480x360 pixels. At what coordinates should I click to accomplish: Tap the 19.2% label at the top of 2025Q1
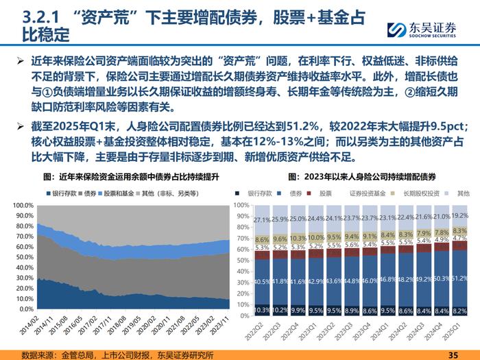(460, 215)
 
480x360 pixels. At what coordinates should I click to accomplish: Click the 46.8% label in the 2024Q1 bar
(387, 279)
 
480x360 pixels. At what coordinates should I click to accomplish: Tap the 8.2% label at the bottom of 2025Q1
(460, 310)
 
